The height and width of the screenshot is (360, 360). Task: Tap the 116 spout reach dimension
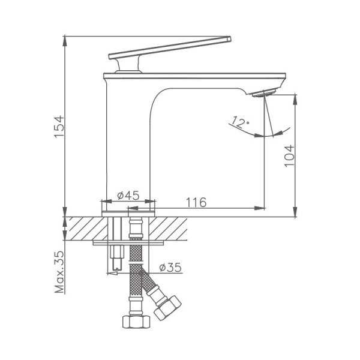(x=196, y=203)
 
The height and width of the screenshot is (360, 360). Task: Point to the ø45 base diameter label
(x=128, y=196)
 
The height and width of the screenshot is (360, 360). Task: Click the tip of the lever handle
(x=228, y=40)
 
